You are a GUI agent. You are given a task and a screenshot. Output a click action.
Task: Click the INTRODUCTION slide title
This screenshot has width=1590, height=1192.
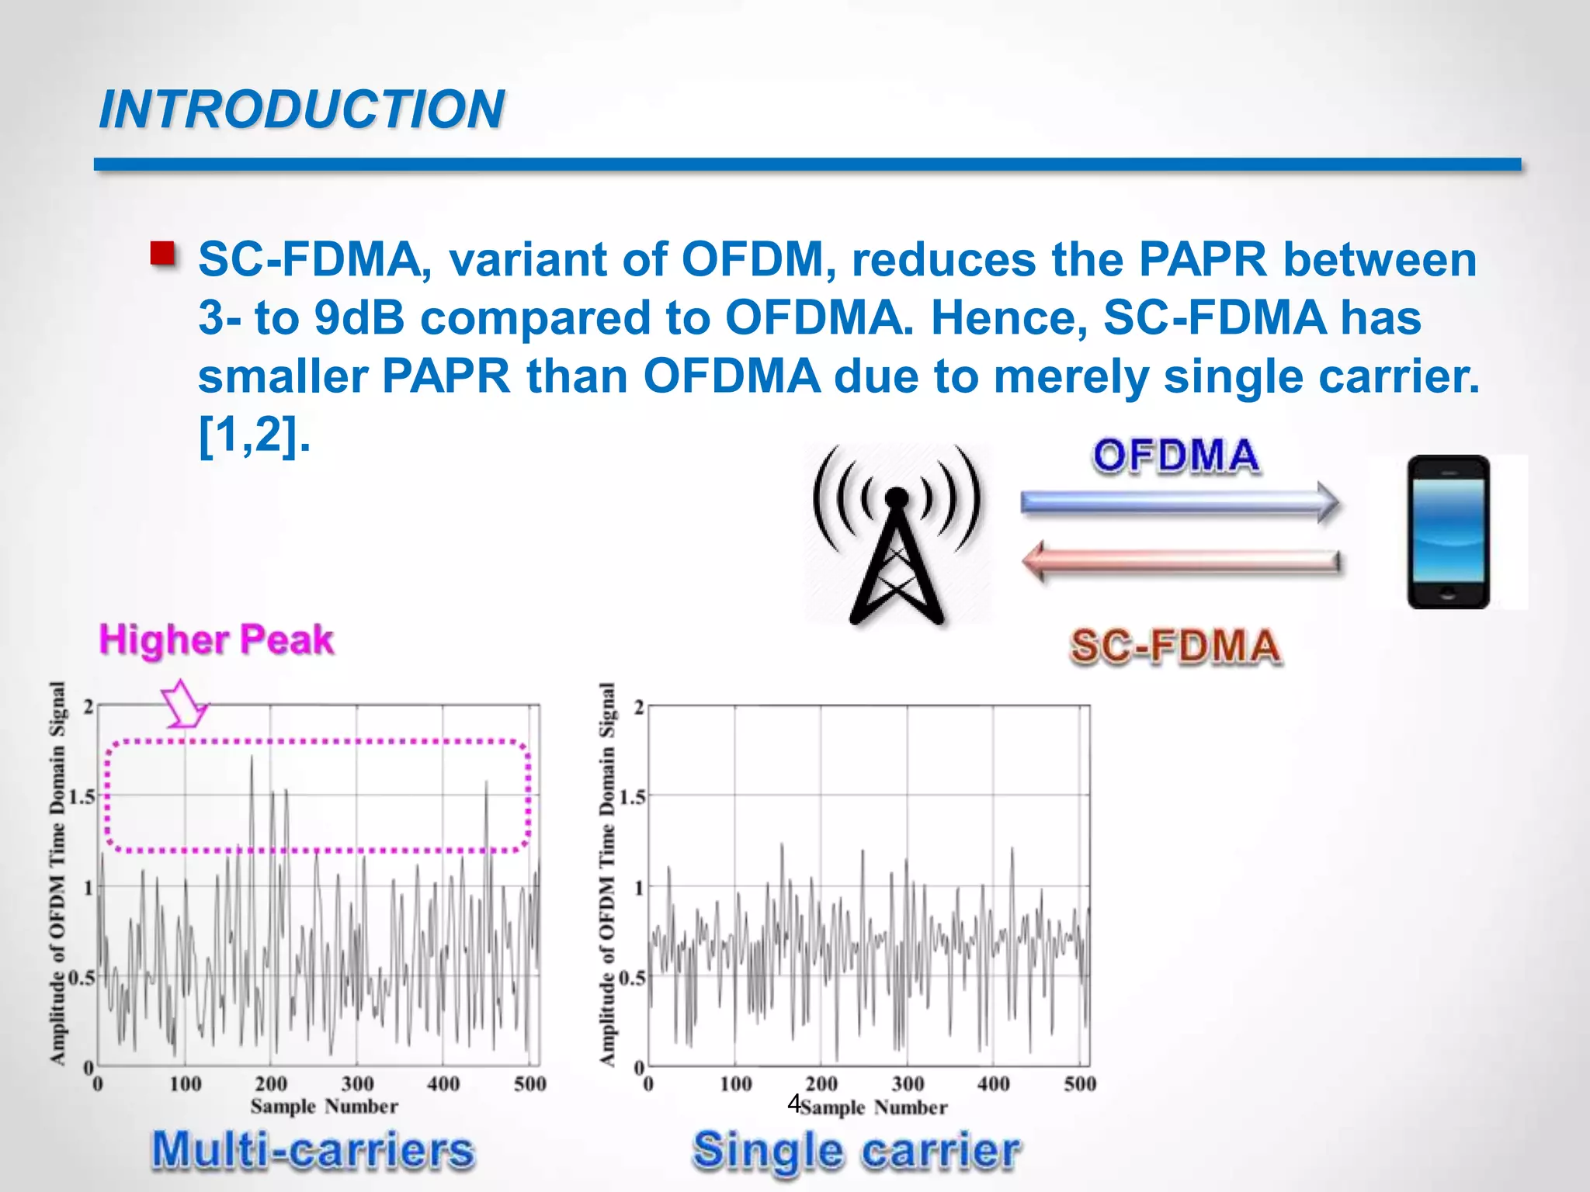(301, 109)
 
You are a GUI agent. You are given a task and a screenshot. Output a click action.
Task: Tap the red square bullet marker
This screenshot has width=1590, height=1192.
(162, 254)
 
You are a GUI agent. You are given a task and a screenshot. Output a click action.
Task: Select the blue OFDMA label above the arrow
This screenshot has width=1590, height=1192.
(1175, 456)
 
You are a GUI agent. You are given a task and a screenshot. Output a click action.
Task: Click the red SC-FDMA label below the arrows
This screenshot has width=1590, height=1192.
(1175, 646)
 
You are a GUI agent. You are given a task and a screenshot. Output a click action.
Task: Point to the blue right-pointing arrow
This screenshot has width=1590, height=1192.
(1180, 501)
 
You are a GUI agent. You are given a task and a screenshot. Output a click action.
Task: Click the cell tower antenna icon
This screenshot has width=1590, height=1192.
(897, 534)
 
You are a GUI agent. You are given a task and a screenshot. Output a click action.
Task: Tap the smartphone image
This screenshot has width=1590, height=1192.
(1448, 532)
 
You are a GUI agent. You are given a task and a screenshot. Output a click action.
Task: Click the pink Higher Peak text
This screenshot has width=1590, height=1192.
(216, 640)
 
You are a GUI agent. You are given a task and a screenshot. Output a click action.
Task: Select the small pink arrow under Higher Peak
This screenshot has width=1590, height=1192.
(184, 705)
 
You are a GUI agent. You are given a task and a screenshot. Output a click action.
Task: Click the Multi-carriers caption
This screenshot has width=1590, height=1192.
(312, 1149)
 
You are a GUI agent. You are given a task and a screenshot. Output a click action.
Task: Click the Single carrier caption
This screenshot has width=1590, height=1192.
(856, 1149)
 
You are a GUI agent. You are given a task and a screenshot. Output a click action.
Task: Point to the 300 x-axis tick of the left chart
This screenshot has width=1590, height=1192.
(357, 1083)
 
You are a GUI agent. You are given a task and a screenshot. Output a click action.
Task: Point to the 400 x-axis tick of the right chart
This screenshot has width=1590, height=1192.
(994, 1083)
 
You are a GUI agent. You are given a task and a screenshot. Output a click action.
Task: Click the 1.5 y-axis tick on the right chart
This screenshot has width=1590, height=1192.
(633, 797)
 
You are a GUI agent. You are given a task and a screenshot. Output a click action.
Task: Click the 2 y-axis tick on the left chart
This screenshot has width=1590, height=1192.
(89, 707)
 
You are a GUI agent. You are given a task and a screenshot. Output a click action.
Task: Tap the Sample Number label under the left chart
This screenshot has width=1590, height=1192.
(324, 1106)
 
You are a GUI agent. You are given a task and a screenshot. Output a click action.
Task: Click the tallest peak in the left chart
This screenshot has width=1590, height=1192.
(252, 759)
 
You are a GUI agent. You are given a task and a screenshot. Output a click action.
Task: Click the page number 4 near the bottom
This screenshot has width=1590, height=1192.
(793, 1103)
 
